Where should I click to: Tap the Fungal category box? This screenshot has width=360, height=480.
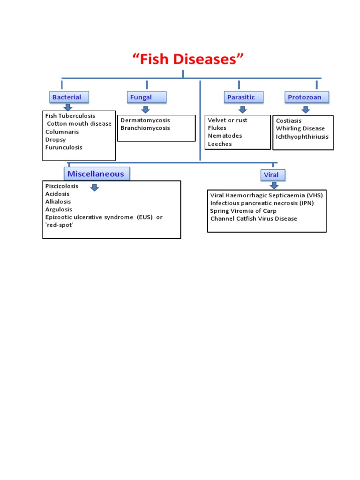(x=146, y=97)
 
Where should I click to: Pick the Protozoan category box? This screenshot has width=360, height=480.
(x=307, y=97)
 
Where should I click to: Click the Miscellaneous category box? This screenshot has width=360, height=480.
(x=97, y=174)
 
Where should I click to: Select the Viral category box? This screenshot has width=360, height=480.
(x=272, y=175)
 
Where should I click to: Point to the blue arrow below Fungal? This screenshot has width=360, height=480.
(x=145, y=110)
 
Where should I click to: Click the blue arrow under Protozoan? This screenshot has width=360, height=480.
(x=306, y=110)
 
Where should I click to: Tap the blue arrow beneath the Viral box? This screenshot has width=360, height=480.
(x=274, y=186)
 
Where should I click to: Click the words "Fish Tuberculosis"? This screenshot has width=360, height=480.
(x=70, y=116)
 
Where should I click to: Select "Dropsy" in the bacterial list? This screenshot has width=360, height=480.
(x=56, y=140)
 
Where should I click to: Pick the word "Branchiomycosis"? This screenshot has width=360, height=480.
(x=145, y=128)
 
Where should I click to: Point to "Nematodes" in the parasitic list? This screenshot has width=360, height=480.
(x=225, y=136)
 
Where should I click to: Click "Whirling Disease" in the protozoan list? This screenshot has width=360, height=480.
(x=300, y=128)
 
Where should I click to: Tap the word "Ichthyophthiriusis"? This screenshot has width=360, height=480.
(x=302, y=137)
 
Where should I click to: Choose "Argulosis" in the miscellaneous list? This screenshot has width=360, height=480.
(x=59, y=210)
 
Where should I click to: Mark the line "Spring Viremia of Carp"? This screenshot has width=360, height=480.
(x=243, y=211)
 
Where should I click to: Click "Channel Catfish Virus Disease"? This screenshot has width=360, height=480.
(x=254, y=219)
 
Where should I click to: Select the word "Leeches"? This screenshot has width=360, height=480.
(x=220, y=144)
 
